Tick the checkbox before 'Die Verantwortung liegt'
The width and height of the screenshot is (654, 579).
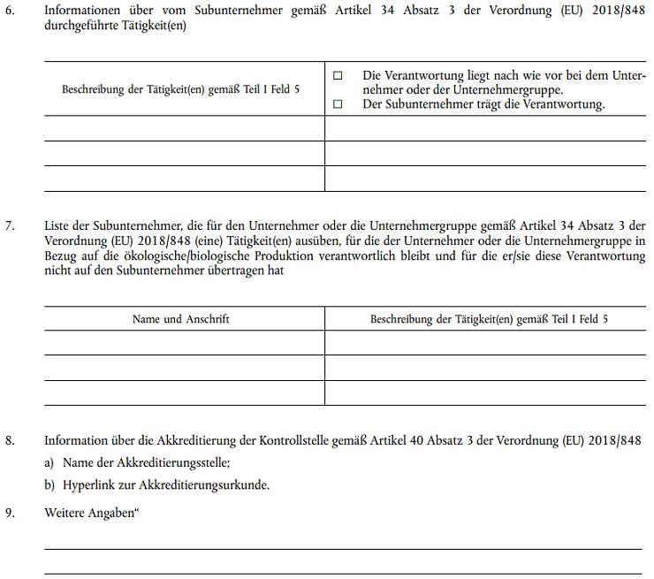[338, 77]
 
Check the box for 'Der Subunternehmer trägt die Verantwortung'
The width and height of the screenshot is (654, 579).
[338, 104]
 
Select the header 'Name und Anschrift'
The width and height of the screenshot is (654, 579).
[180, 319]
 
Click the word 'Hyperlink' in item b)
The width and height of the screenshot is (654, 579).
[89, 485]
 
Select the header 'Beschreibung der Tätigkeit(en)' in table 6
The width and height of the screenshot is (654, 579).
[180, 90]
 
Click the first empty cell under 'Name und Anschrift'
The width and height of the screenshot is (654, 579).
[184, 342]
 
